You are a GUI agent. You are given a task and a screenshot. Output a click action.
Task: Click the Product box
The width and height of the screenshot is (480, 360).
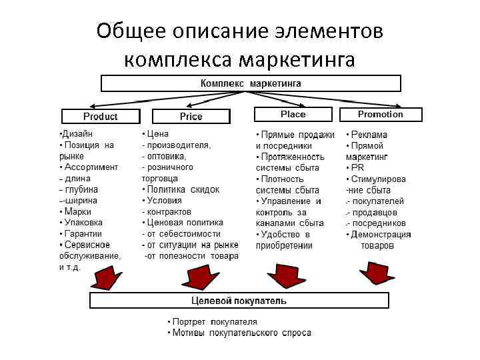(100, 116)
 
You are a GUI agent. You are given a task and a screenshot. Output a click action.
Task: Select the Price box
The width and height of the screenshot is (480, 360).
(191, 116)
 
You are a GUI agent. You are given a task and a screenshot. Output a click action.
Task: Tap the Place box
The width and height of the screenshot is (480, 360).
(293, 114)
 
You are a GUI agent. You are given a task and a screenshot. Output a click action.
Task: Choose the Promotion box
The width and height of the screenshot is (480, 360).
(380, 114)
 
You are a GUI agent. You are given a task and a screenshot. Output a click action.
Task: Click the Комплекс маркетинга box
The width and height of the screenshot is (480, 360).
(251, 83)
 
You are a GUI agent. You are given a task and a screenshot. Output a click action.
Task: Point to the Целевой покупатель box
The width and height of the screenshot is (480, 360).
(239, 301)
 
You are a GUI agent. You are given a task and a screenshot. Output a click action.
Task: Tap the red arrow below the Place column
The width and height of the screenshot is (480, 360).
(283, 274)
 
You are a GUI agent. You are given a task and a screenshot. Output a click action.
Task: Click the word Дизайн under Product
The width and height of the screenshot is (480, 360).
(78, 133)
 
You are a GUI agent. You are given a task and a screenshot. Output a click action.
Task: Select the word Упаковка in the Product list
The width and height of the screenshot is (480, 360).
(83, 222)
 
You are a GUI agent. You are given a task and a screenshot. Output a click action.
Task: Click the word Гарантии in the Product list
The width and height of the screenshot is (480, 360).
(83, 233)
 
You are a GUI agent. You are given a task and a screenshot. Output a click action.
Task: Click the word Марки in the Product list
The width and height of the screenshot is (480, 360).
(77, 211)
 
